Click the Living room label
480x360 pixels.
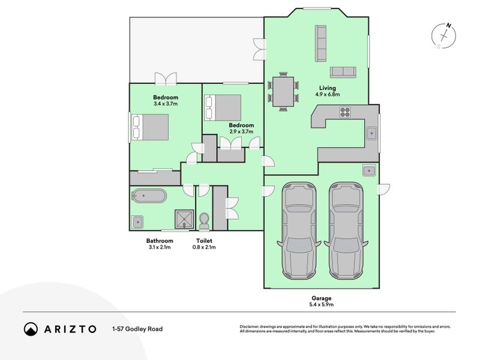coord(327,88)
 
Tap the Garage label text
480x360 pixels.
coord(322,298)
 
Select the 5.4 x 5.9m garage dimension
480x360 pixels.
coord(322,305)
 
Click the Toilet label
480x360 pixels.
coord(204,241)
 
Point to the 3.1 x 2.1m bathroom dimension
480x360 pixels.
coord(160,247)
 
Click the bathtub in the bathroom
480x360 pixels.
coord(149,196)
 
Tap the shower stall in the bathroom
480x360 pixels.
coord(184,219)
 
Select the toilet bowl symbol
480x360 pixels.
coord(204,221)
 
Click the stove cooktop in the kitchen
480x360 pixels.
coord(345,112)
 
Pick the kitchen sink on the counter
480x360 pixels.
coord(372,133)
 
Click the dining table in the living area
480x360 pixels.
coord(283,92)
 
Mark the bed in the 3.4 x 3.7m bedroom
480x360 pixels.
coord(150,127)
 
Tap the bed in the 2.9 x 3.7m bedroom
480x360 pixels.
coord(223,108)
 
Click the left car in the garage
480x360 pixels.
coord(299,231)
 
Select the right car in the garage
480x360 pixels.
coord(346,231)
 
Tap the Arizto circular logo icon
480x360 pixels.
coord(31,329)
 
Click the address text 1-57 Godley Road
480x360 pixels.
coord(137,329)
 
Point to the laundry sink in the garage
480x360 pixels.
coord(369,170)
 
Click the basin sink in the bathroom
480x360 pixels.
coord(138,222)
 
